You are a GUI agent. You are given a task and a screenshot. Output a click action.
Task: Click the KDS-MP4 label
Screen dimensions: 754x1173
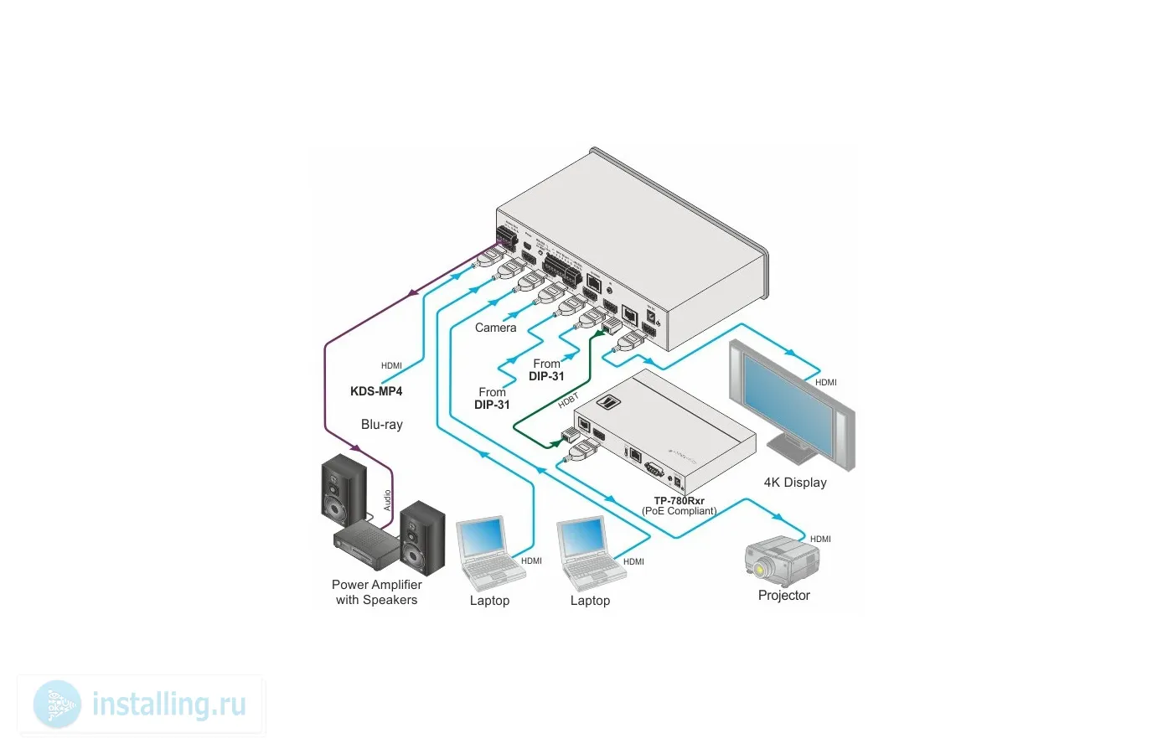[x=376, y=391]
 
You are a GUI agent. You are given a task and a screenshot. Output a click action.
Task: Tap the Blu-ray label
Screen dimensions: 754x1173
[x=382, y=425]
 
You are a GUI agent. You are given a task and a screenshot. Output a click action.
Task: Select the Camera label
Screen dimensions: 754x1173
[x=495, y=328]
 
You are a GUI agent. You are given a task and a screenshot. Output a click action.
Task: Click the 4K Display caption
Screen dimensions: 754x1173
[x=795, y=483]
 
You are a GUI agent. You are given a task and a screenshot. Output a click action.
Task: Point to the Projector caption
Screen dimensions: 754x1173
[x=783, y=596]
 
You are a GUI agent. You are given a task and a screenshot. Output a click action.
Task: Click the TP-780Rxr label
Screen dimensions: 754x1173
[x=679, y=501]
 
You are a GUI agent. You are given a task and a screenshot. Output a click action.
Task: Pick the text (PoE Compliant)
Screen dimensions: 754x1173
[x=680, y=511]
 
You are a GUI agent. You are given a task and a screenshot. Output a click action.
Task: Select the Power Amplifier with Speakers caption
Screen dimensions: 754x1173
[x=376, y=592]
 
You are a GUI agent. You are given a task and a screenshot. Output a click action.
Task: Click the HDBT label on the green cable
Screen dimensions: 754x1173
[x=568, y=401]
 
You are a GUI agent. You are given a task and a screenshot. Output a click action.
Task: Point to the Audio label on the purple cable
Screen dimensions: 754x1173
[x=387, y=500]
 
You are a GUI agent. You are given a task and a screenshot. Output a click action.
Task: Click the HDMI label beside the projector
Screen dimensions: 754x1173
[x=820, y=540]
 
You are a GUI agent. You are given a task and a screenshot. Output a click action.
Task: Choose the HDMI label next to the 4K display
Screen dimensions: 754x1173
[x=825, y=382]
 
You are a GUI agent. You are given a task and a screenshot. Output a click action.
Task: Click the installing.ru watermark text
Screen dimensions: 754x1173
[x=168, y=705]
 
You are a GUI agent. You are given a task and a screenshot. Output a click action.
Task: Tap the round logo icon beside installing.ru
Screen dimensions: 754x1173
[x=57, y=704]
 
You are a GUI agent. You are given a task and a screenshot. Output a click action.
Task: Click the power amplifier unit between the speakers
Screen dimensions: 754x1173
[x=366, y=543]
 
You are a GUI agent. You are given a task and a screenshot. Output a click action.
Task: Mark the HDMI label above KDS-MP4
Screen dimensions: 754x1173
[x=391, y=366]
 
